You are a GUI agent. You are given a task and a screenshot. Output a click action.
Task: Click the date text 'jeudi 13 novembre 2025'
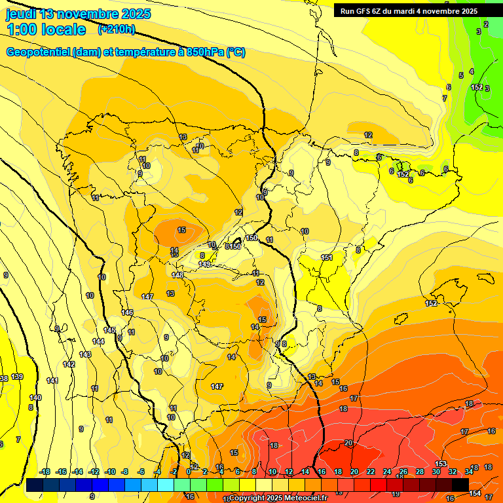(x=78, y=14)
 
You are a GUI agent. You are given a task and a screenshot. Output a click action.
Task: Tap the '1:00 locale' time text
(x=47, y=29)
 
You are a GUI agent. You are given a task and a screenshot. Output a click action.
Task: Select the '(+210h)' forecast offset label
(x=117, y=29)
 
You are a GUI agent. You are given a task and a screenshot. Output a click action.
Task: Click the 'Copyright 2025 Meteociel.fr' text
(x=278, y=498)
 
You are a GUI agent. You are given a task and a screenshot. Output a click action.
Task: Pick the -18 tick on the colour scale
(x=45, y=472)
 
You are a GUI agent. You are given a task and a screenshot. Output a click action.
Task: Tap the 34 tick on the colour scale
(x=469, y=472)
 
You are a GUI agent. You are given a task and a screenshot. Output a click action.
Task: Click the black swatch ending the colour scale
(x=460, y=485)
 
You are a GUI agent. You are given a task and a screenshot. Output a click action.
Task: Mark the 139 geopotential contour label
(x=18, y=377)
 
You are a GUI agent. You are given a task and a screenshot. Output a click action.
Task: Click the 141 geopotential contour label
(x=52, y=381)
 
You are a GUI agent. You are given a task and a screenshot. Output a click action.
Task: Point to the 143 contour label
(x=85, y=354)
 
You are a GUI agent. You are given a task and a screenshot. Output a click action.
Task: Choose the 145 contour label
(x=109, y=330)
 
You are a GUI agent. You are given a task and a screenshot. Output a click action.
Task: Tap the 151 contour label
(x=327, y=257)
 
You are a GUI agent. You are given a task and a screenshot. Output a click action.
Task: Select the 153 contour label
(x=441, y=464)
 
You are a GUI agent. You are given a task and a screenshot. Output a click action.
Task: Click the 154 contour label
(x=475, y=493)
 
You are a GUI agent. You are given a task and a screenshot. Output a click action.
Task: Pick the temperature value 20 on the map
(x=348, y=443)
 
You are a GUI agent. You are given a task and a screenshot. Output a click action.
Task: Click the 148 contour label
(x=177, y=274)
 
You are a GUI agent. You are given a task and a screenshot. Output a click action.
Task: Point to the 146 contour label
(x=127, y=312)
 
